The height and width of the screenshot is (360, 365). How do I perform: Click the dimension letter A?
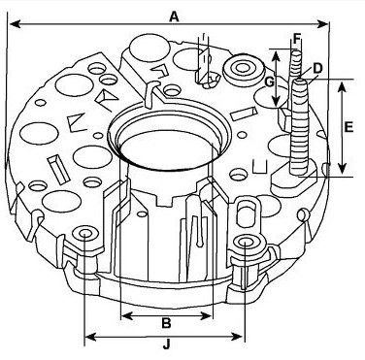point(174,16)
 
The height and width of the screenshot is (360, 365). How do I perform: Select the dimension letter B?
point(166,323)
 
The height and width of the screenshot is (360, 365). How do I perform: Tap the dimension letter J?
point(166,344)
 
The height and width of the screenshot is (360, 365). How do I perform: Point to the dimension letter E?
point(348,127)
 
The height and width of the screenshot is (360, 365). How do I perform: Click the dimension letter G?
point(270,82)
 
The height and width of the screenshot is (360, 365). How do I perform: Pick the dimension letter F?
point(297,39)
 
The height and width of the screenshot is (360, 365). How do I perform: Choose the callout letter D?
point(317,68)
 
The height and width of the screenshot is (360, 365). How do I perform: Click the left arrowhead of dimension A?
point(16,24)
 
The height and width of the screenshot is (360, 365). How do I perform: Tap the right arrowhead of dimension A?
point(323,23)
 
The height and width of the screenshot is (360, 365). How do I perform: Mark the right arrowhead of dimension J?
point(237,337)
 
